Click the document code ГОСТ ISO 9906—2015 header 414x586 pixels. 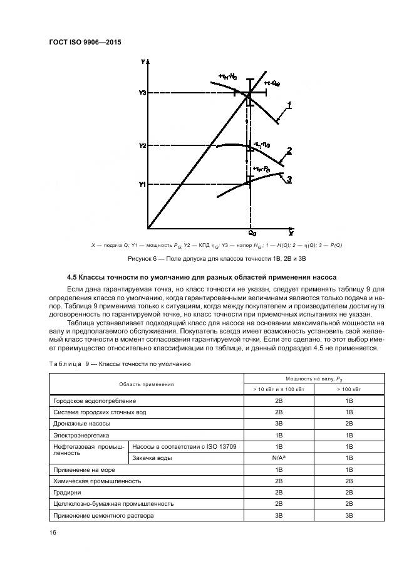tap(85, 43)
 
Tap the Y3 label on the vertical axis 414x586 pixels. tap(143, 93)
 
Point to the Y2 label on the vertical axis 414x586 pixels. tap(143, 145)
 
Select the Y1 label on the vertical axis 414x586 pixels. tap(143, 184)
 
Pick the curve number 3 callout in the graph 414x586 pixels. tap(290, 179)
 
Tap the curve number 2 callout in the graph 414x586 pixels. tap(289, 150)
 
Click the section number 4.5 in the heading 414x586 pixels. tap(72, 277)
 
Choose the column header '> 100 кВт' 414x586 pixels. tap(349, 389)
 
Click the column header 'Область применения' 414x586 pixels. tap(147, 384)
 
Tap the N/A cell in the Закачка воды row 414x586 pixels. tap(279, 458)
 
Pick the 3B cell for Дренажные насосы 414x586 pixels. tap(279, 423)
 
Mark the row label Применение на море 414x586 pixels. tap(85, 469)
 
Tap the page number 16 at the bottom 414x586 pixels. tap(53, 532)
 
